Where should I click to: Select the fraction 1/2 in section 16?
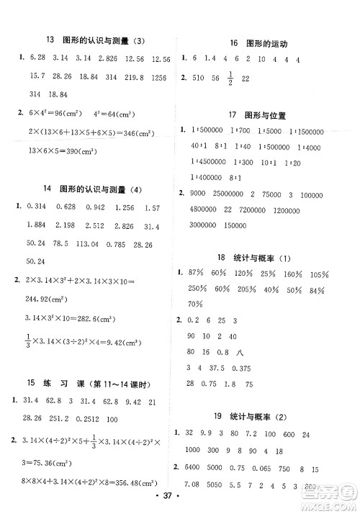click(251, 77)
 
